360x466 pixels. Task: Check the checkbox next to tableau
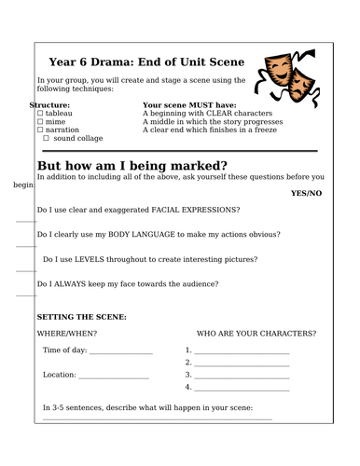pos(39,114)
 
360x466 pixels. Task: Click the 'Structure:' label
pos(50,105)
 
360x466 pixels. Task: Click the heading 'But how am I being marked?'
pos(132,165)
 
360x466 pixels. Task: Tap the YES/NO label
pos(306,193)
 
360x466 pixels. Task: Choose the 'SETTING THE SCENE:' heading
pos(82,317)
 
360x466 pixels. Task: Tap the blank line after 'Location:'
pos(113,377)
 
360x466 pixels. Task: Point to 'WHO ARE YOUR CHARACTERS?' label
pos(256,333)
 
